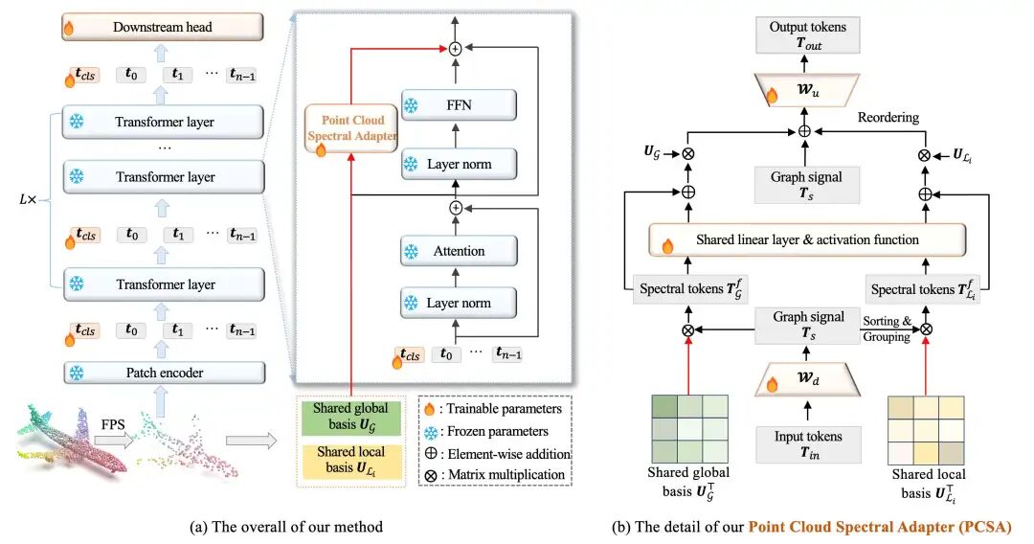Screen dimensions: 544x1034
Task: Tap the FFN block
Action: click(x=459, y=104)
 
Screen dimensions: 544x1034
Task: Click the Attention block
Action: click(x=459, y=251)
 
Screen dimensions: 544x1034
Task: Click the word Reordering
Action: click(x=888, y=118)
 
